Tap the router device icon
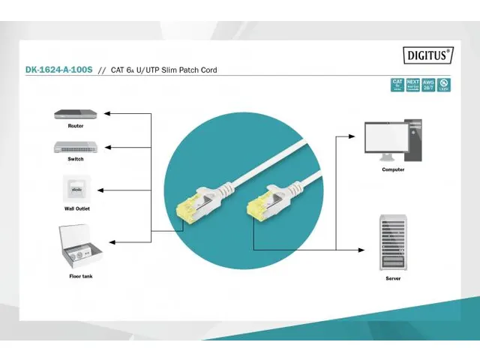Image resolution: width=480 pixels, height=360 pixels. click(x=76, y=115)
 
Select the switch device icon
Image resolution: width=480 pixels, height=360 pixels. click(x=76, y=147)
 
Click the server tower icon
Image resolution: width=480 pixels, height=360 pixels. click(x=393, y=241)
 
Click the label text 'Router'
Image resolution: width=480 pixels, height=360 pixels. click(x=76, y=126)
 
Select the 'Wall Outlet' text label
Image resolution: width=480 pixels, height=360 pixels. click(x=76, y=208)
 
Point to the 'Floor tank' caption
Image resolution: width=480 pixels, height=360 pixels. click(x=81, y=275)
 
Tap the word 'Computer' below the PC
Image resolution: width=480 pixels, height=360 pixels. click(x=392, y=169)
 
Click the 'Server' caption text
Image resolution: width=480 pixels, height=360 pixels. click(x=393, y=277)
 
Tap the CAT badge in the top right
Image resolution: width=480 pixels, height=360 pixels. click(x=397, y=85)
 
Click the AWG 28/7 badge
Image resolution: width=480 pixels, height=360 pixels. click(x=427, y=85)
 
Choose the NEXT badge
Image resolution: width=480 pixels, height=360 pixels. click(x=412, y=85)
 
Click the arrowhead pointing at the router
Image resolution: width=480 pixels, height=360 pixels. click(x=106, y=114)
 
